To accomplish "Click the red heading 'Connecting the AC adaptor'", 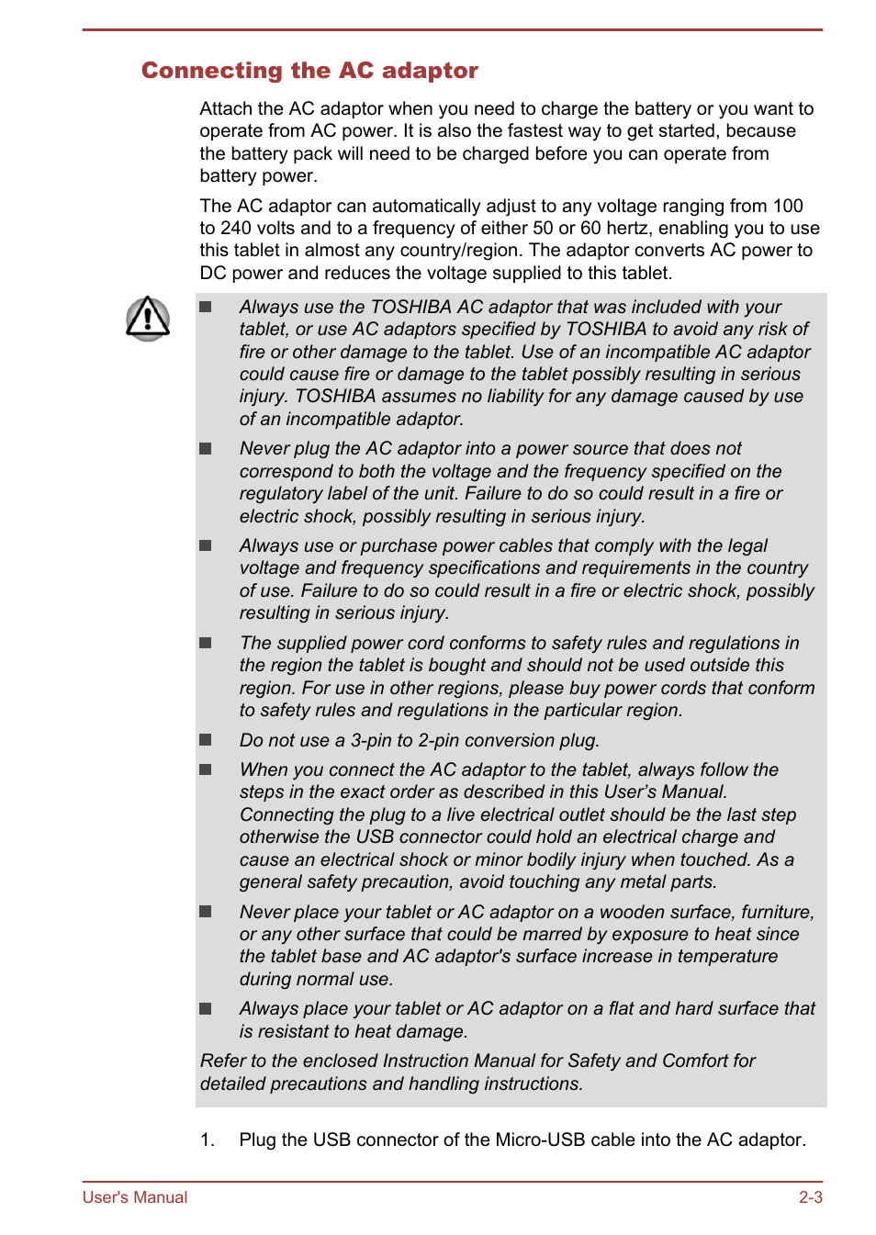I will pos(309,71).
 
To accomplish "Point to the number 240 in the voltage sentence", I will pos(237,229).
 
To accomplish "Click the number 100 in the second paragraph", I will pos(787,207).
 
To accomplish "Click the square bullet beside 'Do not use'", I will pos(206,740).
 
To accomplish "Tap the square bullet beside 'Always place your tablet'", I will pos(206,1009).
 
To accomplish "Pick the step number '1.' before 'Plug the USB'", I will pos(208,1140).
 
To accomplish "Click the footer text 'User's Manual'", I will pos(135,1197).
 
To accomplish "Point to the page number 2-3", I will pos(810,1197).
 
